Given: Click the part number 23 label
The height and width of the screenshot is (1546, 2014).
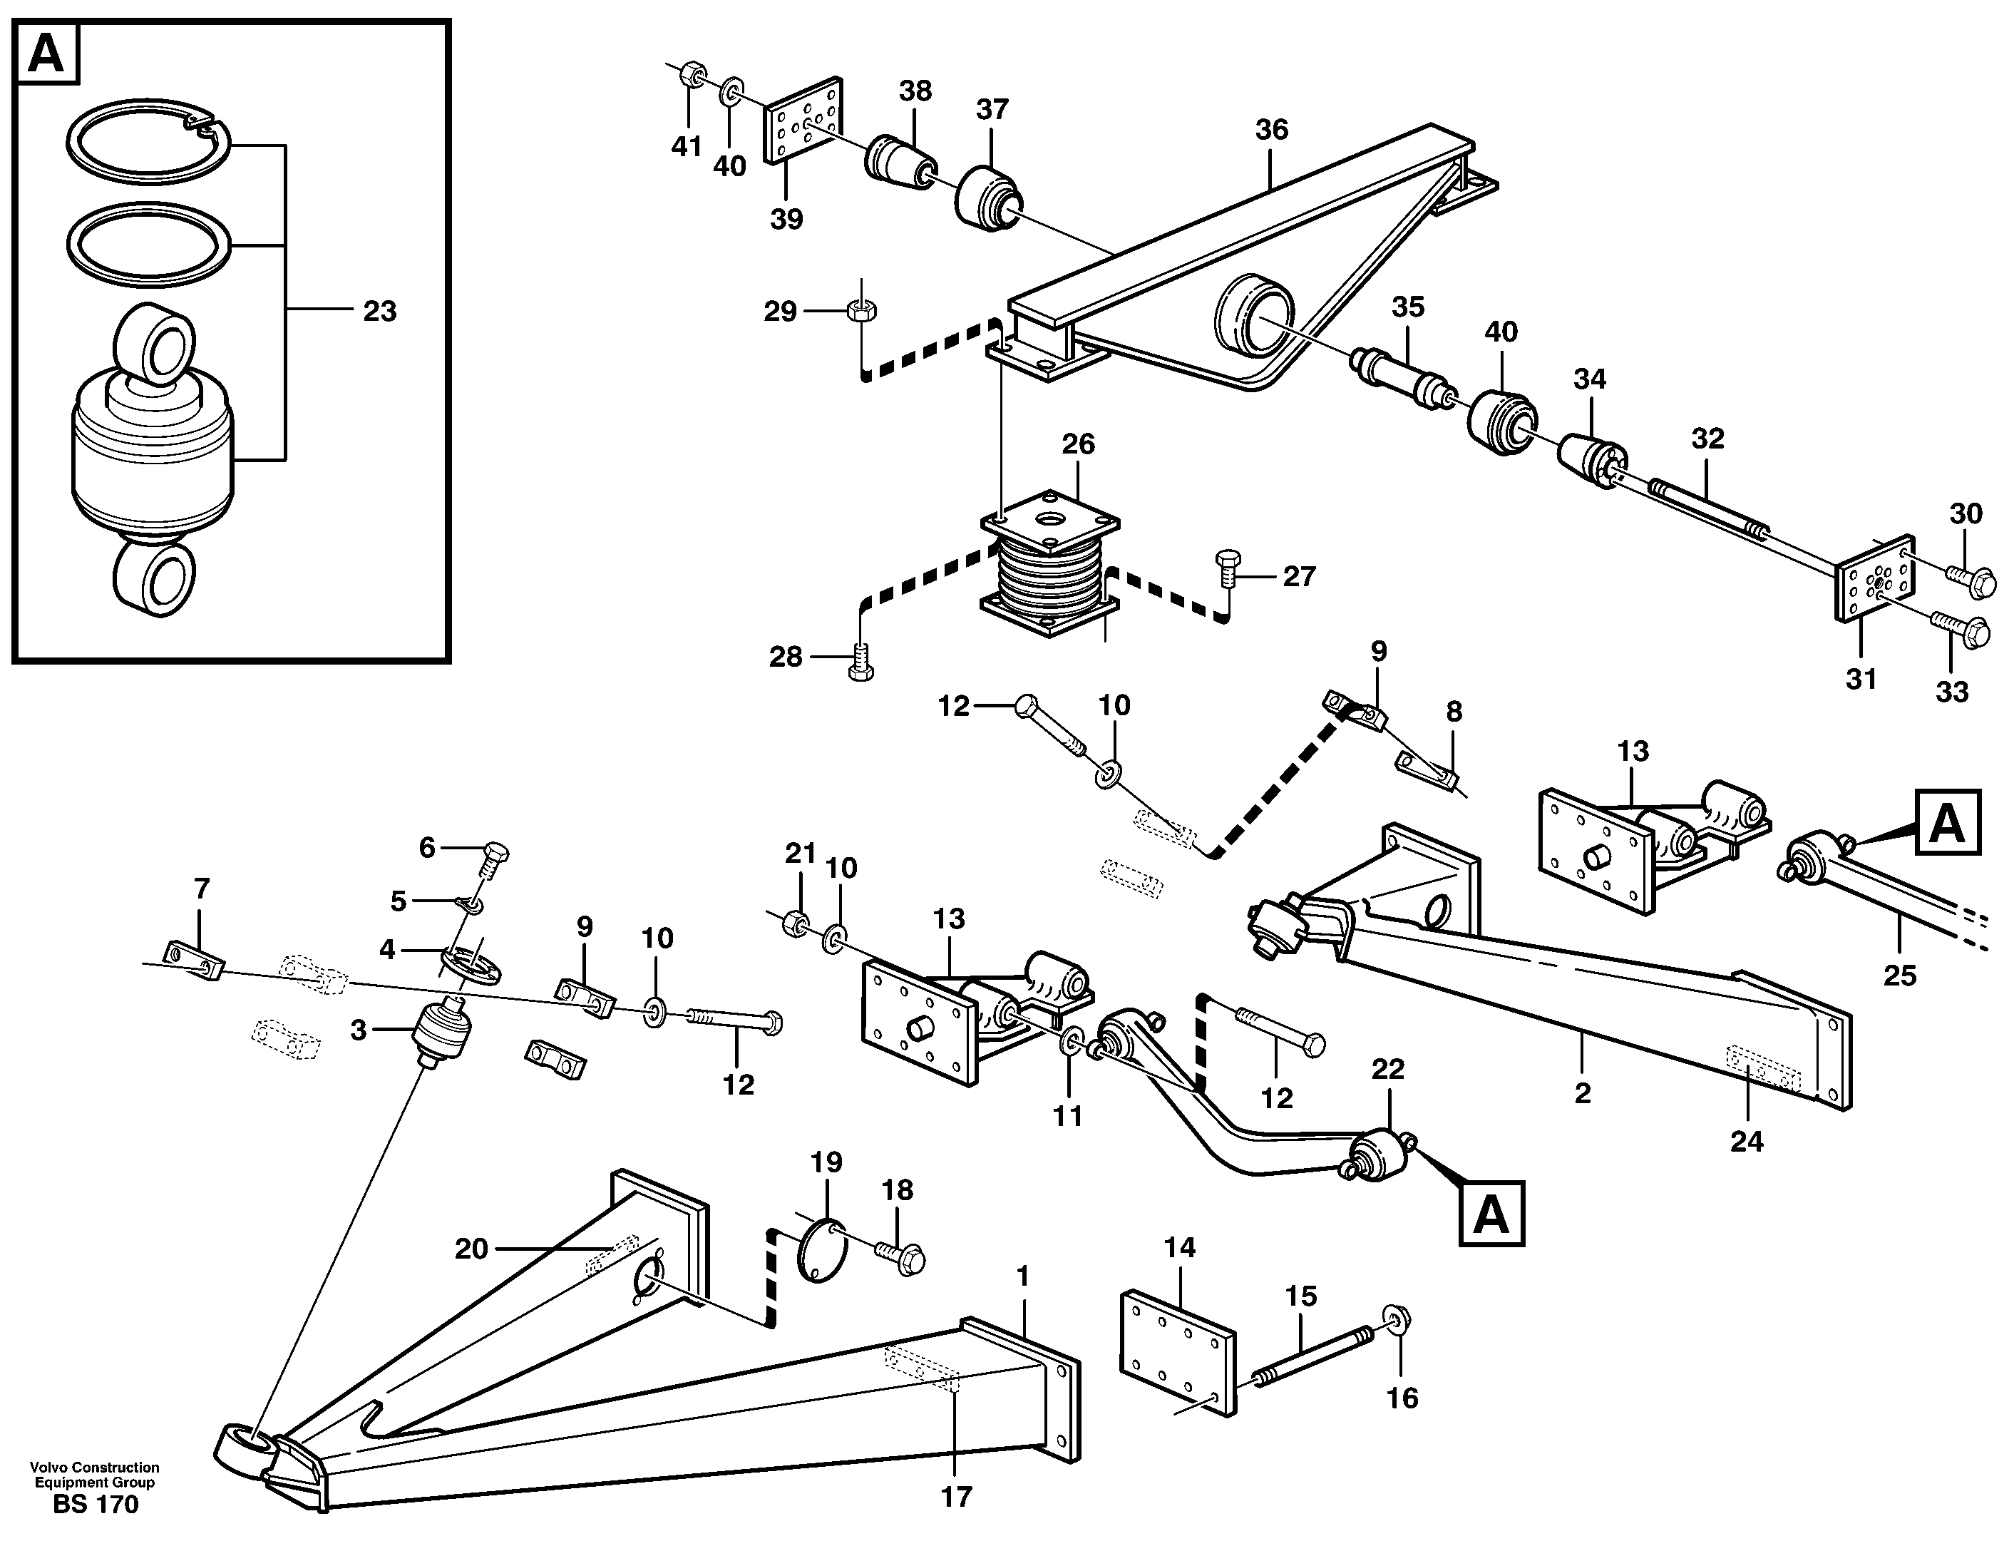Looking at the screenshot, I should pos(379,311).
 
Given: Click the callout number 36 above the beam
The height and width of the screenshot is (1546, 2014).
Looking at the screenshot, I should pos(1272,130).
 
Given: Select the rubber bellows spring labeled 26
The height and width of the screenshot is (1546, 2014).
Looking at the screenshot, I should pos(1051,575).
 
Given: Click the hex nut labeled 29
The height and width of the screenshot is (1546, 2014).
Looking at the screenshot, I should pos(861,311).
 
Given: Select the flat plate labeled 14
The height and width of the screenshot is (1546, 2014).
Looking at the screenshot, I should pos(1178,1353).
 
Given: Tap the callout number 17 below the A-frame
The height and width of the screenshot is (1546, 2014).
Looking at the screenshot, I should pos(956,1498).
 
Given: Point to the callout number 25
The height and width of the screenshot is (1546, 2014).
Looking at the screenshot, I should pos(1899,976).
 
